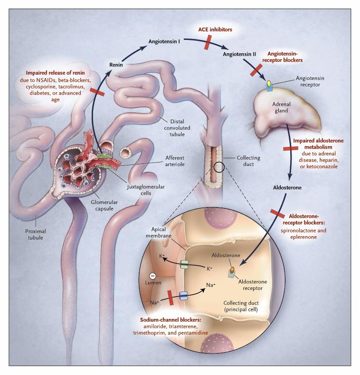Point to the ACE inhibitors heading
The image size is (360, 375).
click(x=215, y=29)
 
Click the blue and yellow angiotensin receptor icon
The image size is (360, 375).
click(x=269, y=85)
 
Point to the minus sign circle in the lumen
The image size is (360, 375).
click(x=152, y=276)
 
